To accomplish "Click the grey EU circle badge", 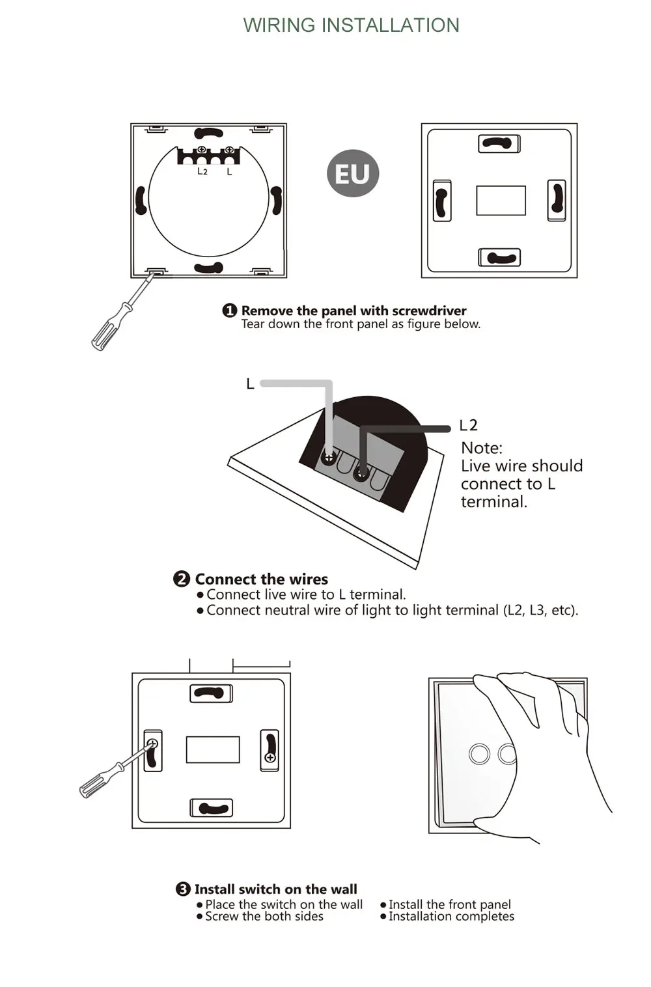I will click(352, 173).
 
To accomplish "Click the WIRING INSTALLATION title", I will click(351, 25).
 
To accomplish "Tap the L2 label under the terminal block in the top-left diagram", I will click(202, 171).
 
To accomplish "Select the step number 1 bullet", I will click(229, 311).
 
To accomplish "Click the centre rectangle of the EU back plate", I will click(501, 201).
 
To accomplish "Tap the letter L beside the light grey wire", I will click(250, 384).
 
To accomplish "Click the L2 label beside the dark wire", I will click(468, 426).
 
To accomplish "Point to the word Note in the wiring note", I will click(481, 448).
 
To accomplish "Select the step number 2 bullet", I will click(182, 579).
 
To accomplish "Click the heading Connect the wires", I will click(261, 579).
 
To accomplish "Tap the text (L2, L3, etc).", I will click(540, 610).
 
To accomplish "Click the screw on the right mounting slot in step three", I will click(270, 758).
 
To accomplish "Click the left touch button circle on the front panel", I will click(479, 754).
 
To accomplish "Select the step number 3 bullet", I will click(183, 889).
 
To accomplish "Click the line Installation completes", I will click(451, 917).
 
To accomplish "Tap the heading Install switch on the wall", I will click(275, 889).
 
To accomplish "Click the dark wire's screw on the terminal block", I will click(361, 473).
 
